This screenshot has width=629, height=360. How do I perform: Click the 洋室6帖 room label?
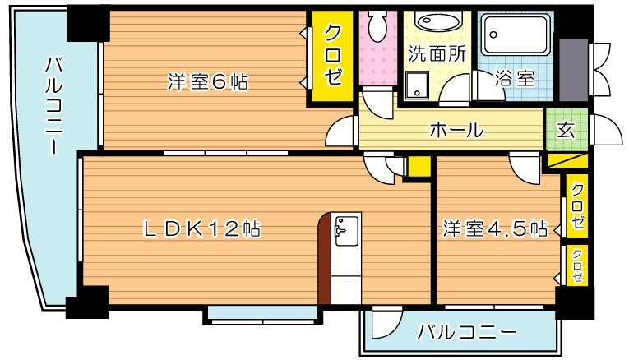click(x=208, y=82)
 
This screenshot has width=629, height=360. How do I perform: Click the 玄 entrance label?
click(x=566, y=129)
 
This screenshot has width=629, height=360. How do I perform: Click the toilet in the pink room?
click(x=378, y=29)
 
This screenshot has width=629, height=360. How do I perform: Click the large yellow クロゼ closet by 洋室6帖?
click(x=332, y=56)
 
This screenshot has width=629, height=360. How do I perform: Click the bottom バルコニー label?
click(x=465, y=333)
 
